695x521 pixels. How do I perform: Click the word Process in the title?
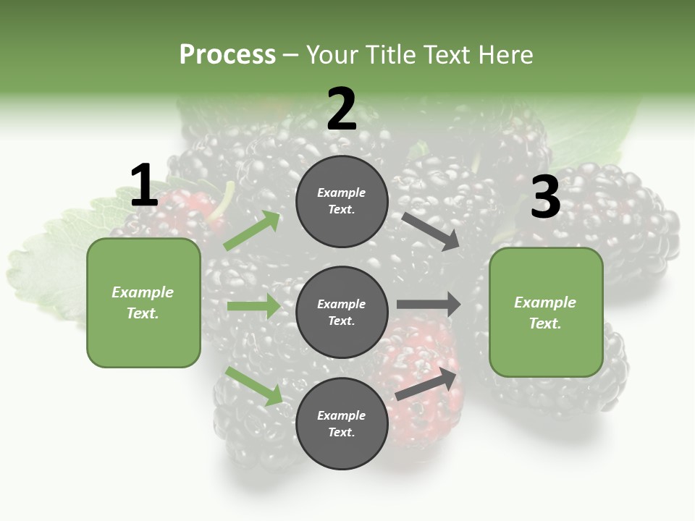coord(227,55)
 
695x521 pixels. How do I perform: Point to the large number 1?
coord(144,186)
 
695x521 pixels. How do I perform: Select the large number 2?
coord(342,110)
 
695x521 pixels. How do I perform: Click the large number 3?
coord(545,198)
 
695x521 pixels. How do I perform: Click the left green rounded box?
coord(143,302)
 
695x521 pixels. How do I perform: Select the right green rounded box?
coord(546,313)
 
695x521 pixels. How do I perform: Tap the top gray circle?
coord(342,201)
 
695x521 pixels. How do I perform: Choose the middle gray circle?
coord(342,312)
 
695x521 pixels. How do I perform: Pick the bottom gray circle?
coord(342,423)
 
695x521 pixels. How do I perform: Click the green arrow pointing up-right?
coord(252,231)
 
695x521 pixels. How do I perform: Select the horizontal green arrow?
coord(253,306)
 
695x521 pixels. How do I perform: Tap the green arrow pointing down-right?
coord(254,386)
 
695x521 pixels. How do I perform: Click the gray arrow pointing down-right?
coord(431,231)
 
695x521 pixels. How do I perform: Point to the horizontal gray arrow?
coord(429,304)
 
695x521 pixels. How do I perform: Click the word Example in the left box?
coord(143,292)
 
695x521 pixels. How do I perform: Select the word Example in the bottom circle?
coord(342,415)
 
